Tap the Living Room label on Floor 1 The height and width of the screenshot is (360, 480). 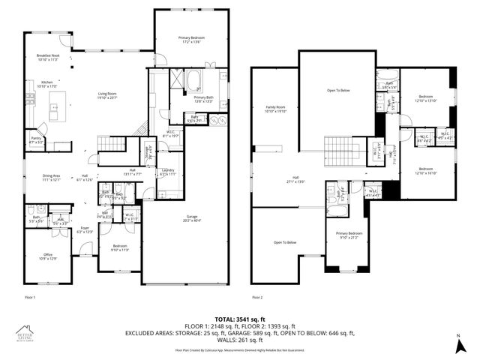(108, 96)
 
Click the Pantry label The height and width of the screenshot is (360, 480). (36, 139)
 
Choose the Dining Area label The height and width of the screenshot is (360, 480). (51, 178)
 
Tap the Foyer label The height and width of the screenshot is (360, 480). (85, 230)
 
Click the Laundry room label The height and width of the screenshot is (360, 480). (167, 172)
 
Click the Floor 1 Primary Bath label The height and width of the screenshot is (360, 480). (204, 99)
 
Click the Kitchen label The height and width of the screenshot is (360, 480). (46, 84)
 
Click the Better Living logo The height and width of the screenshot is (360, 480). (27, 335)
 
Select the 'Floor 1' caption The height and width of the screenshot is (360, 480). (31, 298)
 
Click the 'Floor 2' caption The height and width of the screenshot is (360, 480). (258, 298)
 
